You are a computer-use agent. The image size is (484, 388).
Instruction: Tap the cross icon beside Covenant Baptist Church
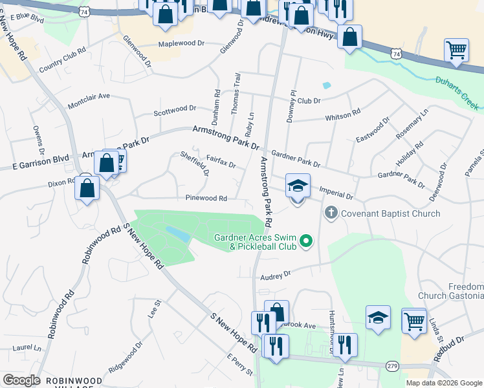pos(331,212)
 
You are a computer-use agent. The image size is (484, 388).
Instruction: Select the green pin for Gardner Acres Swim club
pos(307,242)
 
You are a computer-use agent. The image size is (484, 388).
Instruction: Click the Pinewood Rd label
pos(206,199)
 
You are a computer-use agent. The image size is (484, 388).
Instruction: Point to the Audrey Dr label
pos(276,275)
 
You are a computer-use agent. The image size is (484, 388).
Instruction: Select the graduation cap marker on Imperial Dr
pos(298,186)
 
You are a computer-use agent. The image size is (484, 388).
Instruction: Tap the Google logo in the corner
pos(21,380)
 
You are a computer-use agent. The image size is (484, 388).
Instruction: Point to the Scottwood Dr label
pos(174,111)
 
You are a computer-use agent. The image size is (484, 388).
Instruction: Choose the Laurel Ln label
pos(27,347)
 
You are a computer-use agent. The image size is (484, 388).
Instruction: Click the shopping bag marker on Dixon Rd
pos(87,188)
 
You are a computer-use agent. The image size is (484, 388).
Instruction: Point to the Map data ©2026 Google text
pos(444,383)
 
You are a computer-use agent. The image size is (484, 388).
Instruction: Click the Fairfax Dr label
pos(221,161)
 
